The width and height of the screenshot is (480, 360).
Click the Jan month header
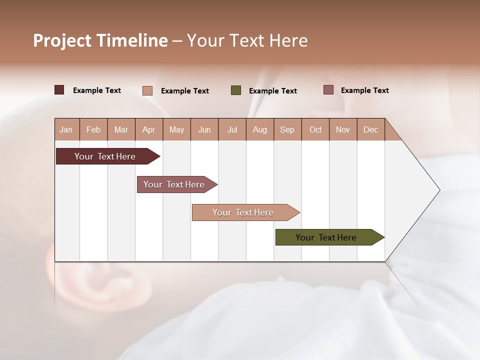(66, 129)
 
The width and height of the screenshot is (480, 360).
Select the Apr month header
(149, 129)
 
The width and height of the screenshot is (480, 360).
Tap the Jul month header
(232, 129)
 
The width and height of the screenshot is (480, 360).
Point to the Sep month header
(287, 129)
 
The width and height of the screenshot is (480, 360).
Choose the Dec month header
(370, 129)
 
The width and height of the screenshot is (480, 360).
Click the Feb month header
(93, 129)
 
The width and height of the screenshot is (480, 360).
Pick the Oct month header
(315, 129)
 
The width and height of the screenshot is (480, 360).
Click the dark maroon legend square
(59, 90)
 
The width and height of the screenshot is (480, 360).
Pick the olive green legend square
(236, 90)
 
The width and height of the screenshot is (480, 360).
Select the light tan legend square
(147, 90)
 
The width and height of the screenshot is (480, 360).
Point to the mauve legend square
(328, 90)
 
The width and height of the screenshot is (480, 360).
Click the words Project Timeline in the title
(100, 40)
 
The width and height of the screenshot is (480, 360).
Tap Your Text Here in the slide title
(247, 40)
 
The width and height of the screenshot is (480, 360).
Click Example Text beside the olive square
(272, 91)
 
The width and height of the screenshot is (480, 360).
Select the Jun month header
(204, 129)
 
